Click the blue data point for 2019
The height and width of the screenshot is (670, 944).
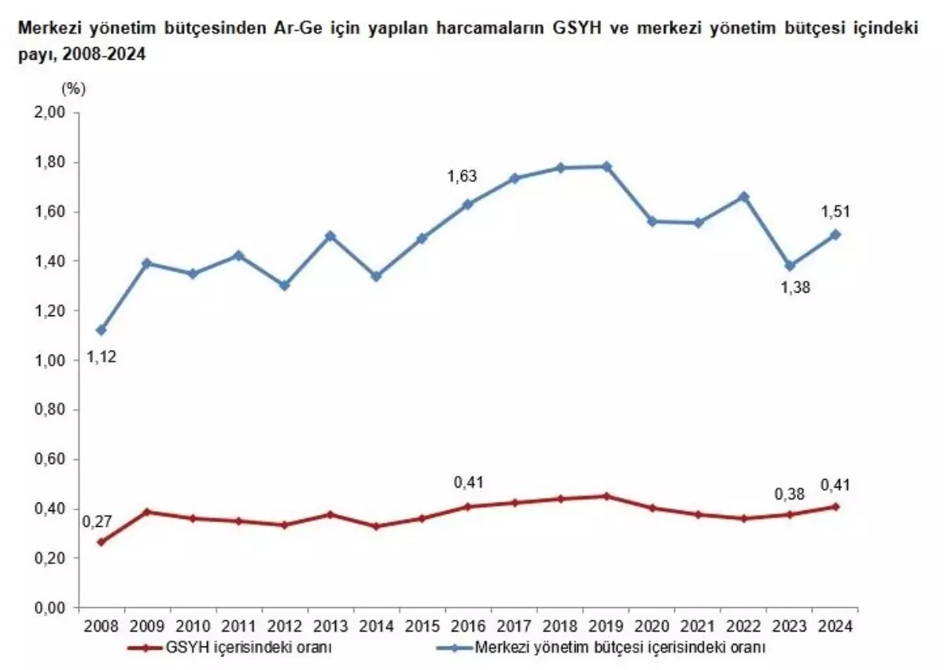[607, 166]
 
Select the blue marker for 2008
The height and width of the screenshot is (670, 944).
[101, 330]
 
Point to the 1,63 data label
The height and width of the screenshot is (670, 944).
[463, 176]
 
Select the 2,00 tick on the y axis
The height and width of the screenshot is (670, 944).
[51, 113]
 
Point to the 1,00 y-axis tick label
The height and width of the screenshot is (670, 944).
[51, 360]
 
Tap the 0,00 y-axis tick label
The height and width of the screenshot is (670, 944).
[51, 608]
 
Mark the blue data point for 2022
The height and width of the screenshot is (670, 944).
[744, 197]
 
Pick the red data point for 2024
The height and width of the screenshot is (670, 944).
[835, 506]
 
